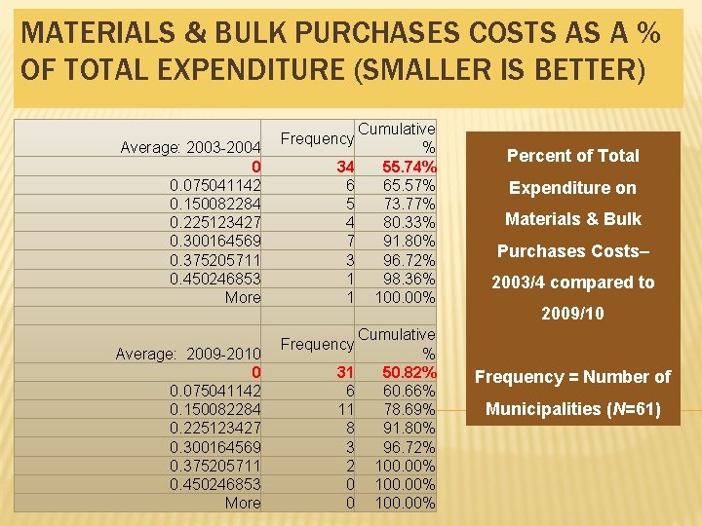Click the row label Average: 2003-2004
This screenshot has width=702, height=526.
pos(190,147)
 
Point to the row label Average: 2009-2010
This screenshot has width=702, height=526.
pos(188,354)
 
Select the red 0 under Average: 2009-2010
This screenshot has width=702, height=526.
pos(255,372)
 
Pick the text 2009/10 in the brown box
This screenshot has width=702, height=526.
pos(573,314)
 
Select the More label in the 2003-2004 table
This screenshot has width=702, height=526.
pos(242,297)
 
